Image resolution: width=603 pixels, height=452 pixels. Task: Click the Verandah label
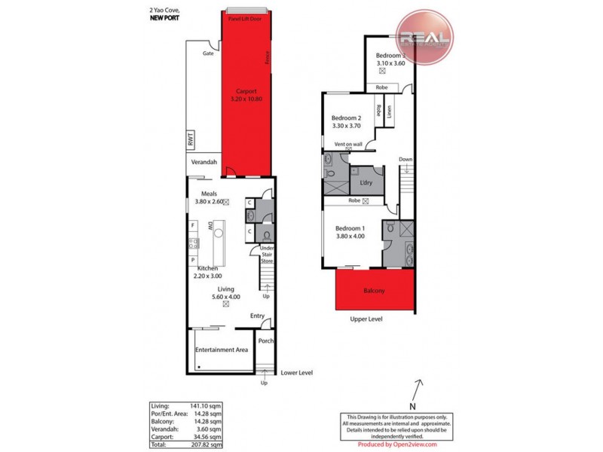coord(204,163)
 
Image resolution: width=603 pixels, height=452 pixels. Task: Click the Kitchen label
coord(207,268)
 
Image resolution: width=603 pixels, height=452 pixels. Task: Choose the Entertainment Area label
coord(221,350)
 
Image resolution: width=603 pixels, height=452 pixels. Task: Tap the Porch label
coord(265,341)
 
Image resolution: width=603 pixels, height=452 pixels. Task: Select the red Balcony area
coord(374,290)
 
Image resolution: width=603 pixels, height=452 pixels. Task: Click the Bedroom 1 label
coord(350,228)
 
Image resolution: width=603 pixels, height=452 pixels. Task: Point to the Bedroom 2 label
coord(347,118)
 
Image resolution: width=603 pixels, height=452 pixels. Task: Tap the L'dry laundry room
coord(366,183)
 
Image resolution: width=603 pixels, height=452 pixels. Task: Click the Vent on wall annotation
coord(348,144)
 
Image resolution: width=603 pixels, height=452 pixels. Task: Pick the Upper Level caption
coord(366,319)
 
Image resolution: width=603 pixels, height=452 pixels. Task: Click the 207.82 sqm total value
coord(208,444)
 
